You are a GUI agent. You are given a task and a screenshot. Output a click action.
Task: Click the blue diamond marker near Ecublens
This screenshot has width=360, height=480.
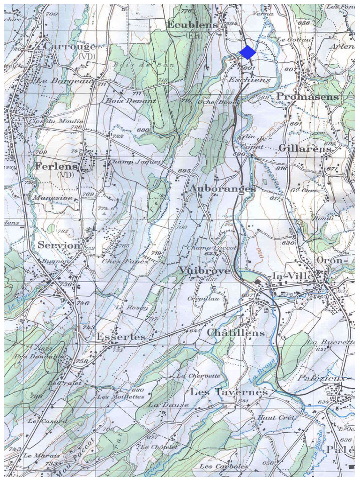point(247,52)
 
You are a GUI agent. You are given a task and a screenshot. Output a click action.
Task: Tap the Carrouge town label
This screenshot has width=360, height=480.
point(69,46)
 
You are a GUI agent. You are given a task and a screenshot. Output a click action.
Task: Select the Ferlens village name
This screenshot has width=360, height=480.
point(56,166)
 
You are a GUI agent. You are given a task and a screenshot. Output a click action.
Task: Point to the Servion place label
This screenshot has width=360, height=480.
point(59,245)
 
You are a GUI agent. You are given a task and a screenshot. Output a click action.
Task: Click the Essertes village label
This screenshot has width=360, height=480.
point(121,337)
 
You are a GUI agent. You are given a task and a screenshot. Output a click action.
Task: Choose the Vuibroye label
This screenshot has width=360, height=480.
point(204,271)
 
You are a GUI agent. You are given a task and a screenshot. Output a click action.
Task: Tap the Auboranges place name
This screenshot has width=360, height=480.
point(222,188)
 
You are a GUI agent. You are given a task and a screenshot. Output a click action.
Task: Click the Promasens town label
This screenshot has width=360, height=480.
point(307,97)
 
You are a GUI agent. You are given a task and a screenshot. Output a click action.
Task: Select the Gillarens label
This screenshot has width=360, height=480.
point(305,148)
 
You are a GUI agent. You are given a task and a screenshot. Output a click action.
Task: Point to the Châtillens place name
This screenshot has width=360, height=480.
point(236,332)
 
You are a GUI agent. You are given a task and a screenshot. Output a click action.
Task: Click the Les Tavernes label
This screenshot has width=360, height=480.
point(229,391)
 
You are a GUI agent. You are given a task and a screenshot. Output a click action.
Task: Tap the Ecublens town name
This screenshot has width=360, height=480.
point(192,25)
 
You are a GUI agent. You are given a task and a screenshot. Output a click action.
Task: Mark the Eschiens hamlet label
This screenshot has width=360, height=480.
point(249,80)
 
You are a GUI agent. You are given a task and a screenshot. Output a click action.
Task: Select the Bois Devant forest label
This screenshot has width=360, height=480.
point(131,101)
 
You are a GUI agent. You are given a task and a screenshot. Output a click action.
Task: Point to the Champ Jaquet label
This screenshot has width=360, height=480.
point(135,162)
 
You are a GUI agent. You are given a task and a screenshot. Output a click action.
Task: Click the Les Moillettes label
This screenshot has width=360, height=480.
point(120,397)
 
